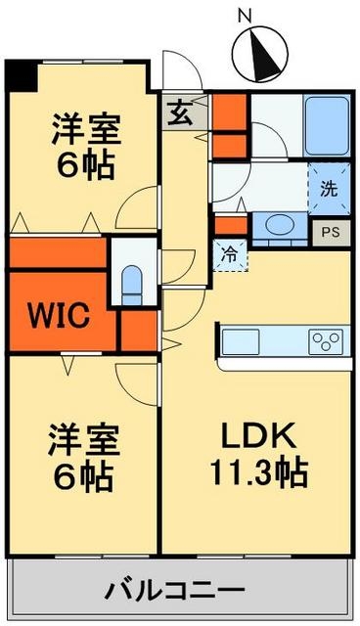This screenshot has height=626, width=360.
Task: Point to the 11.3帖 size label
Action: [x=258, y=473]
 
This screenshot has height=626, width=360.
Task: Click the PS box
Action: [x=331, y=232]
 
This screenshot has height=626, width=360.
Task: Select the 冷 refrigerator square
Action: [x=232, y=254]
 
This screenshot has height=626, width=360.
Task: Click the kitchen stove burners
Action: [x=327, y=341]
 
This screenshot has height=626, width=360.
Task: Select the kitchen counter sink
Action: [x=242, y=341]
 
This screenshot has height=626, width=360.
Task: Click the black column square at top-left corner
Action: [x=20, y=73]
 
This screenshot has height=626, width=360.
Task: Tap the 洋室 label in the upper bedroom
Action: [x=82, y=127]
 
